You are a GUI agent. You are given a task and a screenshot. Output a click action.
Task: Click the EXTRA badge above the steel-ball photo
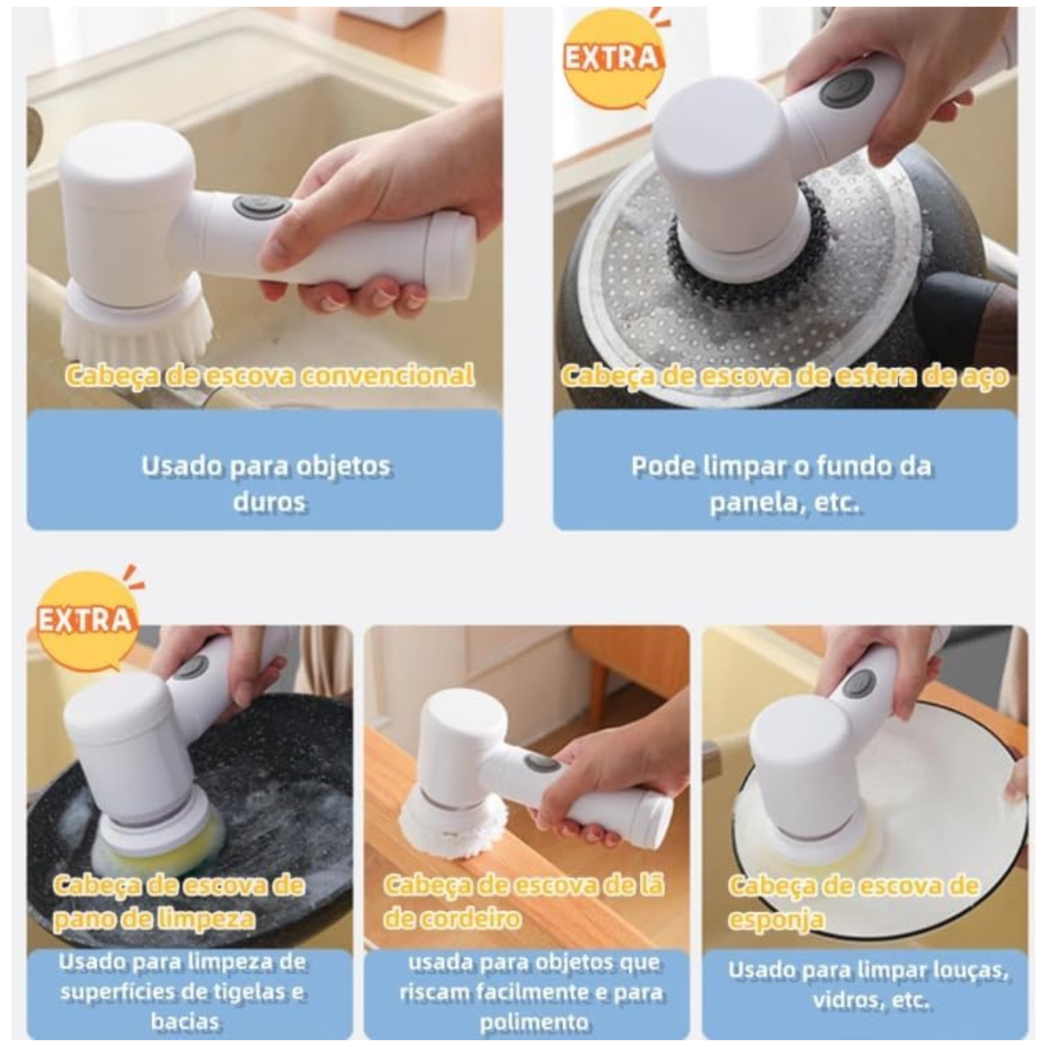click(612, 59)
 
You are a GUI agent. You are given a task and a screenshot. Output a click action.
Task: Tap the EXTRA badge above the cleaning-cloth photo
click(85, 620)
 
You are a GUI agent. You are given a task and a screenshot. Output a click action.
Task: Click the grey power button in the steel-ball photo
click(844, 90)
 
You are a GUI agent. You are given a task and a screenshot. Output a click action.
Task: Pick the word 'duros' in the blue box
click(269, 501)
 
